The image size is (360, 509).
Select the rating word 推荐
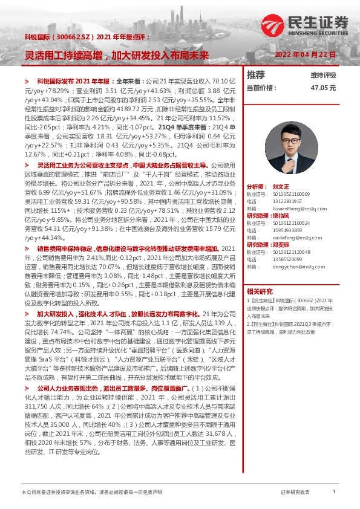pos(256,75)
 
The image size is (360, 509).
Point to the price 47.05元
pos(323,87)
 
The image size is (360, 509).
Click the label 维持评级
pos(324,75)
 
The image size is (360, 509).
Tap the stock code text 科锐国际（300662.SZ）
pos(63,36)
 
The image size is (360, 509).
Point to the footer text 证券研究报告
pos(295,493)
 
